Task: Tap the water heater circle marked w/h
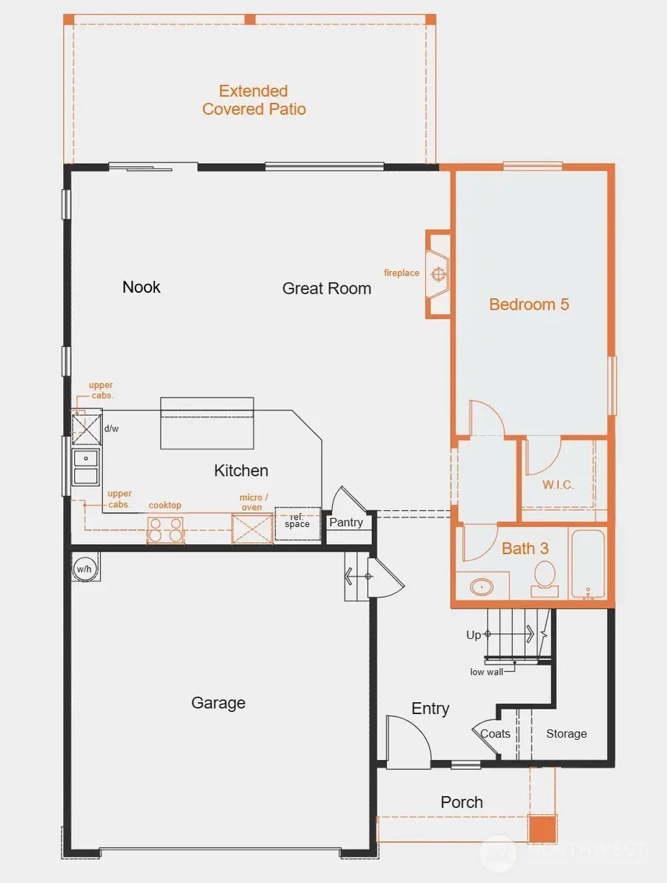(84, 569)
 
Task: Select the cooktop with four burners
(165, 530)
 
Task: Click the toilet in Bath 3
(545, 577)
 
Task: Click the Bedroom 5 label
(528, 304)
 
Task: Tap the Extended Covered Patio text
(253, 100)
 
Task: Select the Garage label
(218, 703)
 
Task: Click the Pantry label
(346, 522)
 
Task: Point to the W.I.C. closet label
(557, 485)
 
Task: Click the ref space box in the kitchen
(297, 520)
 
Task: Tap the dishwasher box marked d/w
(87, 428)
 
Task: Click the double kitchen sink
(85, 467)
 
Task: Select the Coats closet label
(495, 733)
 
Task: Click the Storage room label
(566, 733)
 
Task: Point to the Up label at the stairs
(474, 635)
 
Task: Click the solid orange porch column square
(542, 827)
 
